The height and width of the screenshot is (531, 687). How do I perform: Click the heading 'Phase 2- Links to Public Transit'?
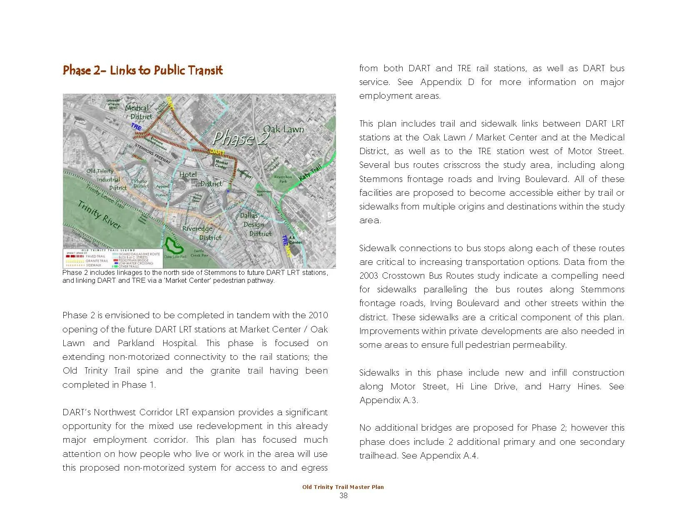pos(142,70)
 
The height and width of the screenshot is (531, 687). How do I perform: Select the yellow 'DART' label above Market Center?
pos(217,151)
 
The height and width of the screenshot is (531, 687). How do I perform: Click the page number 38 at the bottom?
pos(343,496)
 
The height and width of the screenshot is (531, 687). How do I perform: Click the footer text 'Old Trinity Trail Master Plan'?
pos(343,487)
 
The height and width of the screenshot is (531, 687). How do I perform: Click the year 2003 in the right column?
pos(369,276)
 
